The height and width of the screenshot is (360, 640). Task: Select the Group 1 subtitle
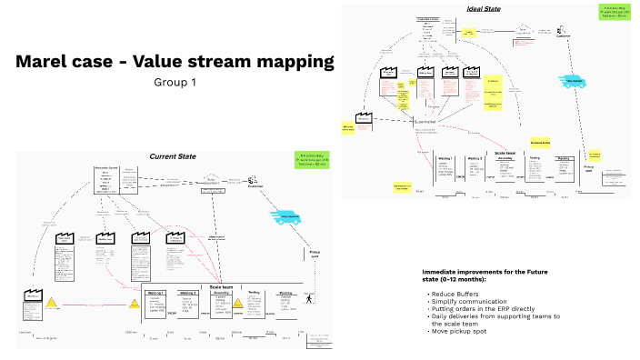pyautogui.click(x=175, y=83)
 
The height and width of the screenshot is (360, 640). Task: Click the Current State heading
pyautogui.click(x=173, y=156)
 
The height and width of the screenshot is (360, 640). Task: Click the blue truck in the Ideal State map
pyautogui.click(x=575, y=79)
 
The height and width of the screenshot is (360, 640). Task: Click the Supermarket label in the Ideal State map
pyautogui.click(x=425, y=122)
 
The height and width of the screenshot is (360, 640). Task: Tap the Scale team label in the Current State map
pyautogui.click(x=222, y=287)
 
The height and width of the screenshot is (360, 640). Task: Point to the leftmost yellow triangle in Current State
pyautogui.click(x=54, y=303)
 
